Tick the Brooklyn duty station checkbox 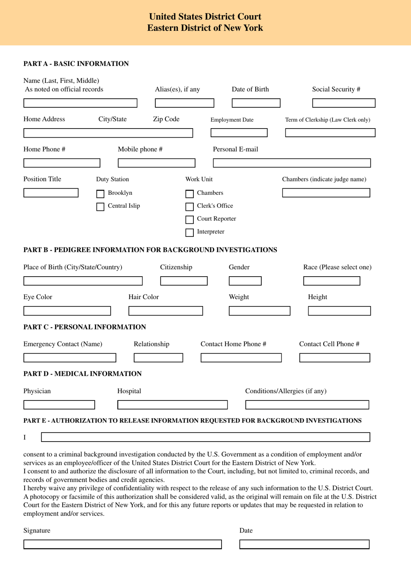pos(100,194)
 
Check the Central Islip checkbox pos(100,207)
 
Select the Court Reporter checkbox pos(189,219)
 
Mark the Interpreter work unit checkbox pos(189,232)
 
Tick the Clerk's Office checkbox pos(189,207)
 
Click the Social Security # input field pos(344,103)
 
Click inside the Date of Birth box pos(256,103)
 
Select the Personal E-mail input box pos(292,163)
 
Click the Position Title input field pos(51,193)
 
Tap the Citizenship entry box pos(184,281)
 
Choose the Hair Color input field pos(165,311)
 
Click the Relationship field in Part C pos(158,358)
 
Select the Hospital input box pos(172,405)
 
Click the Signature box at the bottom pos(122,544)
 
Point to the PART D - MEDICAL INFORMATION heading pos(82,374)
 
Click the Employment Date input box pos(239,133)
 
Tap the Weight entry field pos(259,311)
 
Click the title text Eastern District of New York pos(205,28)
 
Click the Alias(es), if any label pos(177,89)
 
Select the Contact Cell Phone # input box pos(334,358)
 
